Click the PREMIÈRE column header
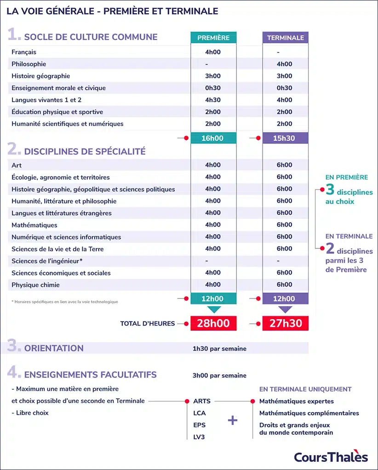[213, 38]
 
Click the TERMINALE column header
[285, 38]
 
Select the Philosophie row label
[29, 64]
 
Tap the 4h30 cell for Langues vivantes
[213, 100]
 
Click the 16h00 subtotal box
[213, 138]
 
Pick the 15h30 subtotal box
[285, 138]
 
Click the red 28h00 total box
[213, 323]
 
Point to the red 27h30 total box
[285, 323]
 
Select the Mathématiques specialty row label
[34, 225]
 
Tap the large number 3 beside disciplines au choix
[330, 190]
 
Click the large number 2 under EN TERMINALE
[330, 249]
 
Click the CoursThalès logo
[331, 457]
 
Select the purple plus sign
[233, 420]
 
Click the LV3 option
[199, 437]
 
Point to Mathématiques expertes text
[297, 401]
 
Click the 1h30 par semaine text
[219, 349]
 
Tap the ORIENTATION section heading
[54, 348]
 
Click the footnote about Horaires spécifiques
[64, 302]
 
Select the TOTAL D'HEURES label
[147, 323]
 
